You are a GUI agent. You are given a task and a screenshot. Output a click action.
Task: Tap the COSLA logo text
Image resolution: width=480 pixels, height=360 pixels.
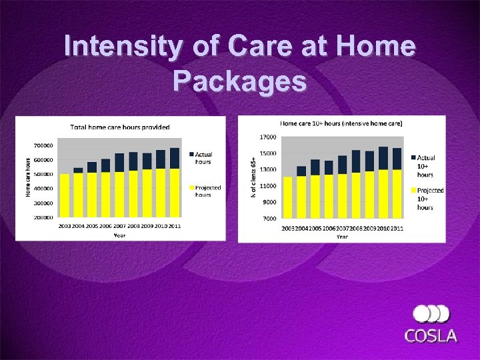(x=431, y=335)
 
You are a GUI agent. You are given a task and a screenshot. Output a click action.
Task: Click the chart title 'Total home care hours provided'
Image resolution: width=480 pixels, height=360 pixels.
(x=121, y=127)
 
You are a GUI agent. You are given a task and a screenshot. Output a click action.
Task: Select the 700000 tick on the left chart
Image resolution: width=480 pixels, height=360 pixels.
(x=44, y=145)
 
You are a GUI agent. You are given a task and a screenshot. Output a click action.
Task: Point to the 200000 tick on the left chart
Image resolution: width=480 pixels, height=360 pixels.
(x=44, y=217)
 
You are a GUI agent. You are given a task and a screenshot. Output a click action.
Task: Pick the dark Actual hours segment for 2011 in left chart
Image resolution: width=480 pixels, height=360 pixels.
(x=175, y=158)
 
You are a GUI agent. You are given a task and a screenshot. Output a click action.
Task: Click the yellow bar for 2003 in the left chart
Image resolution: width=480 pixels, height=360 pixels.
(x=65, y=195)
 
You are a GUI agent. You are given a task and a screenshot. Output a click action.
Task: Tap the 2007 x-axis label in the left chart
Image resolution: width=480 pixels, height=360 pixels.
(x=119, y=226)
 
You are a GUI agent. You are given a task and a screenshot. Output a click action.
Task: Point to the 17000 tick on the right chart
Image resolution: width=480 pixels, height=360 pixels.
(x=268, y=137)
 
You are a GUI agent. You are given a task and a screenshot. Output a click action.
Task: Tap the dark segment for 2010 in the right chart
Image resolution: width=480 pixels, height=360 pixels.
(x=383, y=158)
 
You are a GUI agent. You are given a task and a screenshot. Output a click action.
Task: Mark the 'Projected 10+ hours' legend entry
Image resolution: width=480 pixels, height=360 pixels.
(x=430, y=199)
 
